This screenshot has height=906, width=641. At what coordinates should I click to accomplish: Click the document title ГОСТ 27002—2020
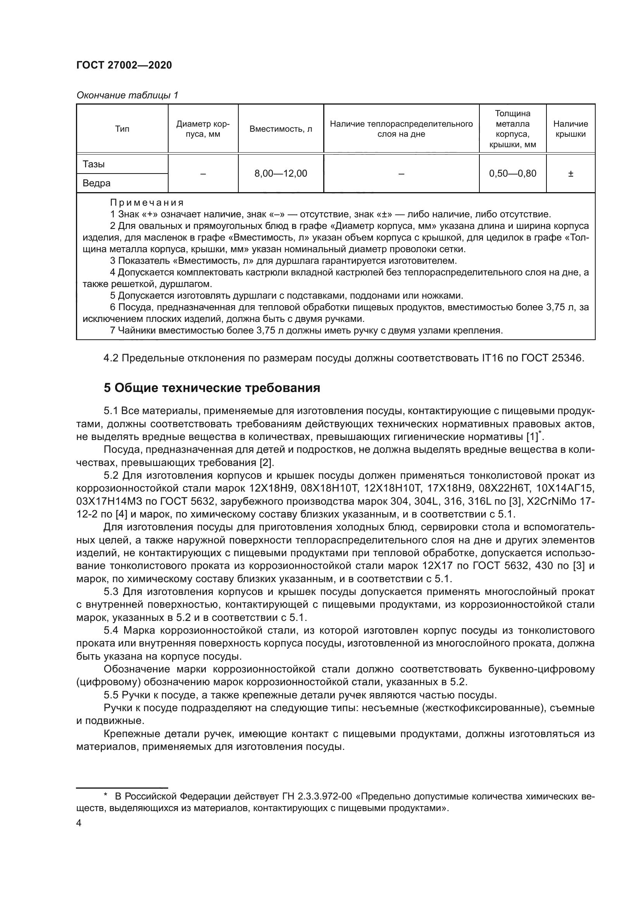click(124, 65)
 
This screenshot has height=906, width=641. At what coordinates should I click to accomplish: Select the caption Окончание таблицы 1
click(127, 95)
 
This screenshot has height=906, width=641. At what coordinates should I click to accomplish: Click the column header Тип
click(122, 129)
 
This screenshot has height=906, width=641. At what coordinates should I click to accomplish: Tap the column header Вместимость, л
click(281, 129)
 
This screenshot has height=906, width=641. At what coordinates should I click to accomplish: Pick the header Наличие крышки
click(570, 129)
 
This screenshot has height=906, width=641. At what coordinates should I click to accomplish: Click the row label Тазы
click(93, 164)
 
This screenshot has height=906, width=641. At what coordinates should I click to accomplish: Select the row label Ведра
click(96, 183)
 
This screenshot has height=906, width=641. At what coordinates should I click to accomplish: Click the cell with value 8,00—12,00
click(281, 174)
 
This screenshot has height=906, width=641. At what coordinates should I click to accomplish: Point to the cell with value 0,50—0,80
click(512, 174)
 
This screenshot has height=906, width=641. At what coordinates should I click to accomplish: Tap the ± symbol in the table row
click(570, 174)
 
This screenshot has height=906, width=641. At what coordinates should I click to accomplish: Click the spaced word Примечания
click(147, 203)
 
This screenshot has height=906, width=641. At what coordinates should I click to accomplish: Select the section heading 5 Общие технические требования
click(212, 388)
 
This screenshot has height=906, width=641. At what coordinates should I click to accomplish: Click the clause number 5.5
click(111, 695)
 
